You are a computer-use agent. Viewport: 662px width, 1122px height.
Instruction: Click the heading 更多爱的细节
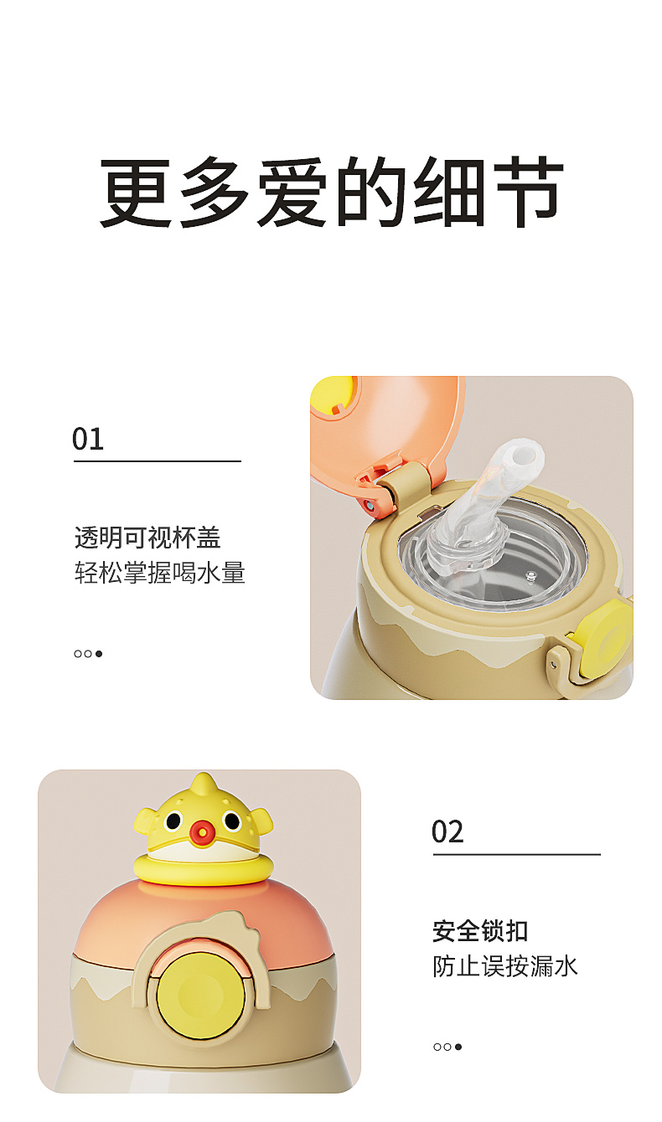coord(331,192)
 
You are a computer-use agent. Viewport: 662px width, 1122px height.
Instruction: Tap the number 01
coord(88,439)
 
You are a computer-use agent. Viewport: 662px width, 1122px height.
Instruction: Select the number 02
coord(447,832)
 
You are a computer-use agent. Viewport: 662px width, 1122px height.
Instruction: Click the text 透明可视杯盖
coord(147,538)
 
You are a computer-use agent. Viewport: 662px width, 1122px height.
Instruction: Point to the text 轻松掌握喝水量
coord(160,573)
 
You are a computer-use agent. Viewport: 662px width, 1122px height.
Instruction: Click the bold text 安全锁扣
coord(480,931)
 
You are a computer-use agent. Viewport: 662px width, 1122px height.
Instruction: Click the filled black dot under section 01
coord(99,654)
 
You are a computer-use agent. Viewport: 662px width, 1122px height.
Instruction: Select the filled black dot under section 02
coord(458,1047)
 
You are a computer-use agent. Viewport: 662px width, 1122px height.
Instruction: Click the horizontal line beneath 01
coord(158,461)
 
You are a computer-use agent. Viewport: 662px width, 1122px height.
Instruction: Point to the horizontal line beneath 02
coord(517,855)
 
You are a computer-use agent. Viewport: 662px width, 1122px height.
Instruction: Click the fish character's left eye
coord(173,821)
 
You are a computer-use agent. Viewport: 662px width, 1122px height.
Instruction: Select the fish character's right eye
coord(232,821)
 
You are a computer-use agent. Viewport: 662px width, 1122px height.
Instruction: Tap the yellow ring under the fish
coord(204,869)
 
